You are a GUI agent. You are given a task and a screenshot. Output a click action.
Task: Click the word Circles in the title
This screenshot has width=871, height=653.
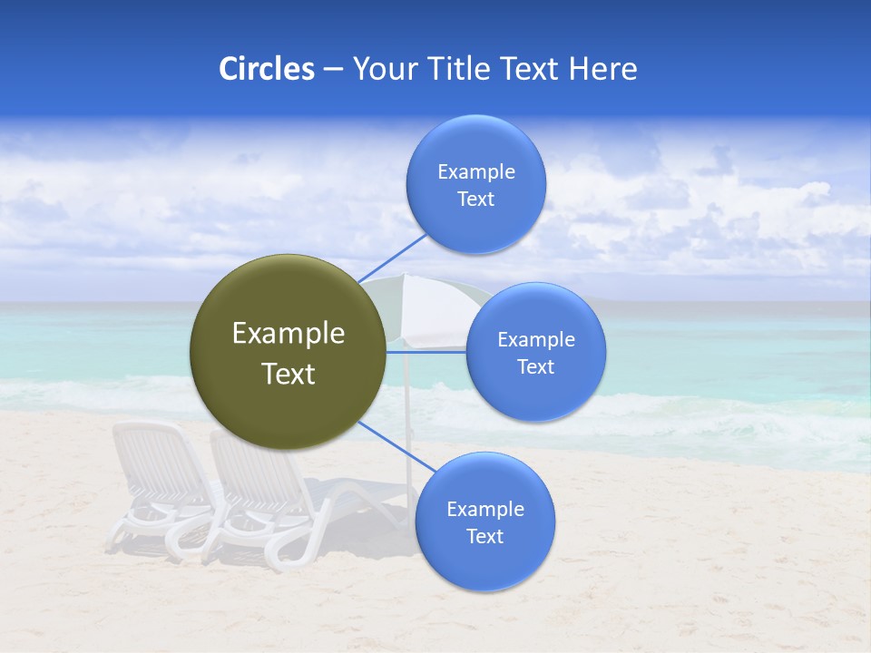(x=266, y=69)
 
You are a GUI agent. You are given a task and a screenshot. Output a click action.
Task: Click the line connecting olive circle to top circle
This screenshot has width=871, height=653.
(x=394, y=257)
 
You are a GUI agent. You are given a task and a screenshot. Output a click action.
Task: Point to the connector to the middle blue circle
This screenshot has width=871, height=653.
(x=426, y=352)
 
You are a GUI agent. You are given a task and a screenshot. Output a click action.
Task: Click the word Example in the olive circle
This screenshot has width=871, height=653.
(x=288, y=334)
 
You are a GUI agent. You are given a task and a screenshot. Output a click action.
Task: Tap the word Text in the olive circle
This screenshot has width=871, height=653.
(x=288, y=374)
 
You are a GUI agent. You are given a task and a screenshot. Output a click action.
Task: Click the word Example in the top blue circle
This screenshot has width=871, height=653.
(x=475, y=172)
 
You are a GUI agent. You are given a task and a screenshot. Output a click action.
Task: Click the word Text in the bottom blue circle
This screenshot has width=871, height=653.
(x=484, y=537)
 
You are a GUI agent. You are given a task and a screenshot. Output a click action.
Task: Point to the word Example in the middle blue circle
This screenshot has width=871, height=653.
(x=535, y=340)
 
